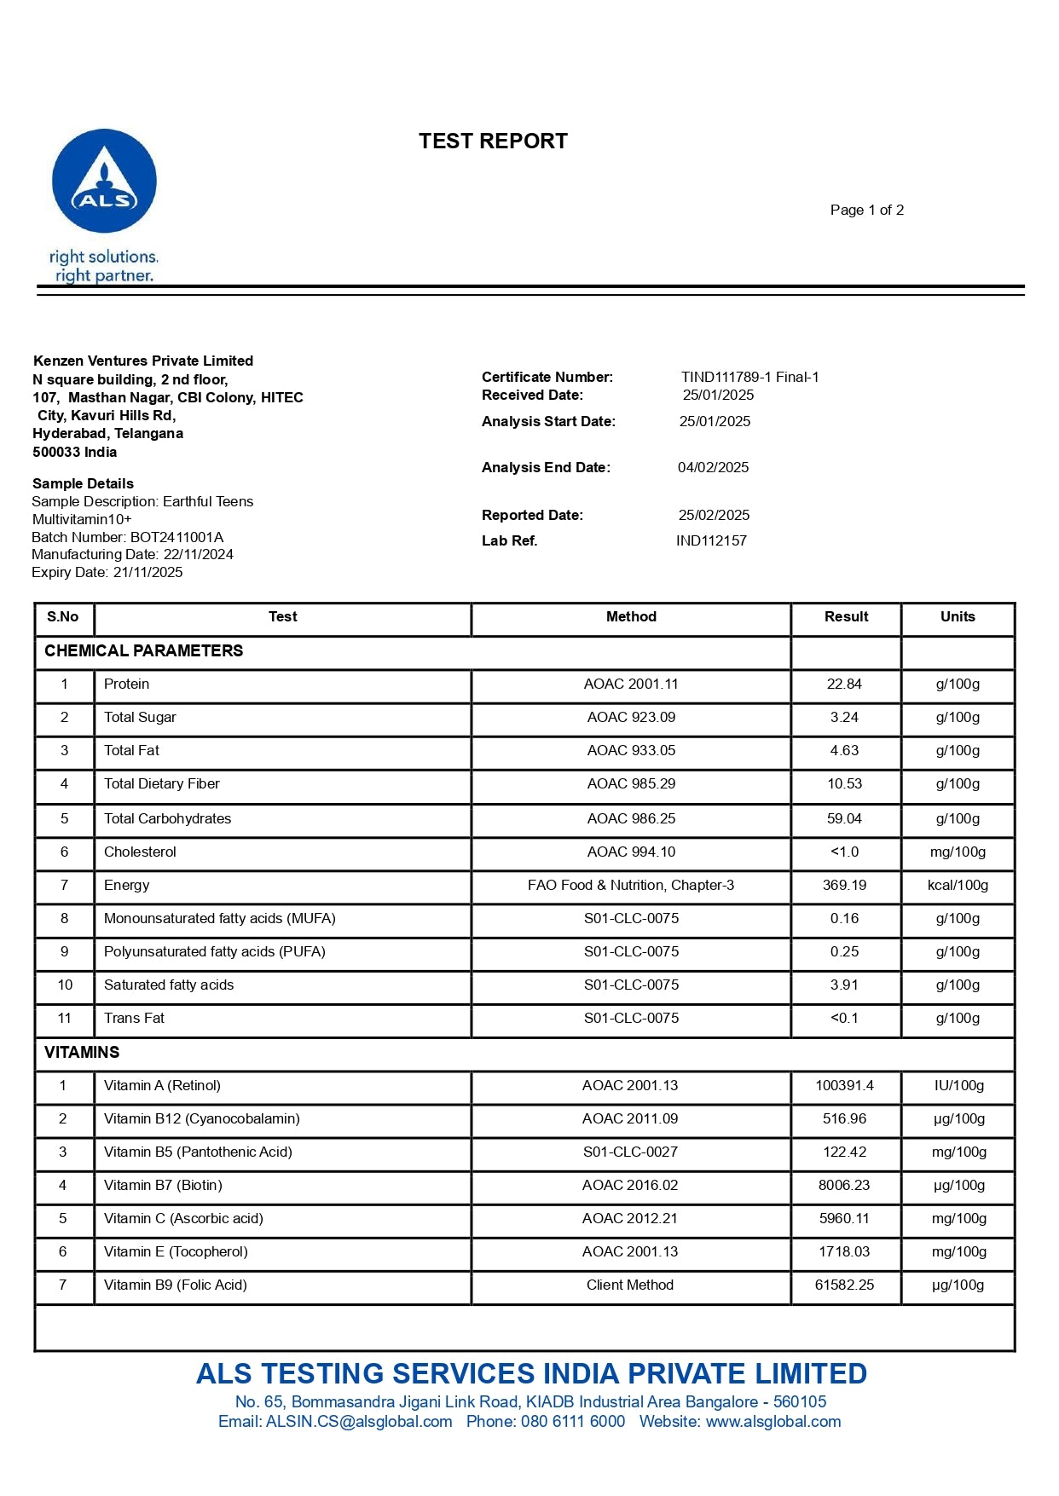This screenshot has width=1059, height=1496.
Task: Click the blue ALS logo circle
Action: click(x=104, y=181)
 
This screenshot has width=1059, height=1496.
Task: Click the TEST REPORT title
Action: click(x=493, y=142)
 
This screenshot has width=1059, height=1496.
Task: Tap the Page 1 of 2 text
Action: click(x=866, y=211)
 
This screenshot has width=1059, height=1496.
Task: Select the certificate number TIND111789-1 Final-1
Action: click(x=749, y=377)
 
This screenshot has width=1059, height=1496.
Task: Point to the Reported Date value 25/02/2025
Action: click(x=714, y=515)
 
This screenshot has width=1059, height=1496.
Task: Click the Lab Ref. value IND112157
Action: click(x=711, y=540)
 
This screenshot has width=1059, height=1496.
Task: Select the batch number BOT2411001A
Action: click(x=176, y=537)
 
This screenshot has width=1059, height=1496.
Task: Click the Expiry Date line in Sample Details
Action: click(x=107, y=573)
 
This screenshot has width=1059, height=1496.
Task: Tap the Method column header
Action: click(x=631, y=617)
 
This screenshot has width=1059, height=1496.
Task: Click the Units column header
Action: click(x=958, y=617)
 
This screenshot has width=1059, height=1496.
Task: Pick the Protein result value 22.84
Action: click(x=844, y=684)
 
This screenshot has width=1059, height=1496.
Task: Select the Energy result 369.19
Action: click(x=844, y=886)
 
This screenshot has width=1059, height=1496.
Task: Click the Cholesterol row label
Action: click(x=140, y=852)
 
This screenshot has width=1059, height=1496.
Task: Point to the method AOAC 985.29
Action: click(x=631, y=784)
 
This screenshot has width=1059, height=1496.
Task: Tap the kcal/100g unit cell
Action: click(x=958, y=886)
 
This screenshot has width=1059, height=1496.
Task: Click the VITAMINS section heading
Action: click(x=82, y=1053)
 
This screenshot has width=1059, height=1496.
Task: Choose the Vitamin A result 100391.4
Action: click(x=844, y=1086)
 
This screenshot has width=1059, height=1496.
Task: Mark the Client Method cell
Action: click(x=630, y=1285)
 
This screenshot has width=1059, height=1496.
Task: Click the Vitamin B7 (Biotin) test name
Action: click(x=163, y=1186)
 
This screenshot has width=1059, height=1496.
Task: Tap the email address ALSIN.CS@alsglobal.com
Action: click(x=359, y=1422)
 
